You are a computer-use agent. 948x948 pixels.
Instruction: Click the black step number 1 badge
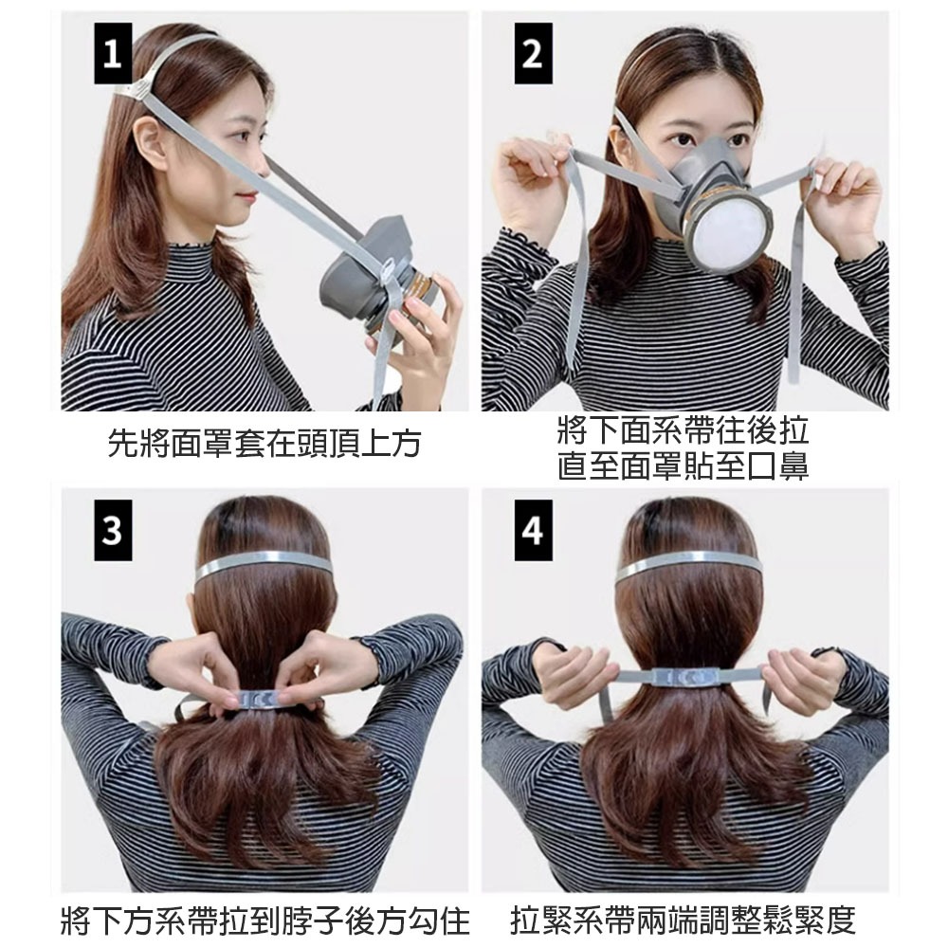pyautogui.click(x=113, y=53)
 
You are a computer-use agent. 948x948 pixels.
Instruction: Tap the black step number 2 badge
pyautogui.click(x=533, y=53)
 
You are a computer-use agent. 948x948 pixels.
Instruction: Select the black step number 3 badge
pyautogui.click(x=113, y=530)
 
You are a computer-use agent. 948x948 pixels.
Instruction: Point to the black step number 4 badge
pyautogui.click(x=533, y=530)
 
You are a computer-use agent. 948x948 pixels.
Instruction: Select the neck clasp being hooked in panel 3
pyautogui.click(x=259, y=700)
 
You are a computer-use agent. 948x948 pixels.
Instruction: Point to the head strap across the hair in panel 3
pyautogui.click(x=263, y=564)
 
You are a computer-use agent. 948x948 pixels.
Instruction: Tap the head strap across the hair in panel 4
pyautogui.click(x=685, y=564)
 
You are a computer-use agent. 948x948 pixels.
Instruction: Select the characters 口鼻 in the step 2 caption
pyautogui.click(x=777, y=466)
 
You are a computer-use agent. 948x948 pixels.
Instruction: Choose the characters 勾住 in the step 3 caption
pyautogui.click(x=438, y=921)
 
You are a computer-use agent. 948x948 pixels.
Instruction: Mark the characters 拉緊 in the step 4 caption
pyautogui.click(x=541, y=921)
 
